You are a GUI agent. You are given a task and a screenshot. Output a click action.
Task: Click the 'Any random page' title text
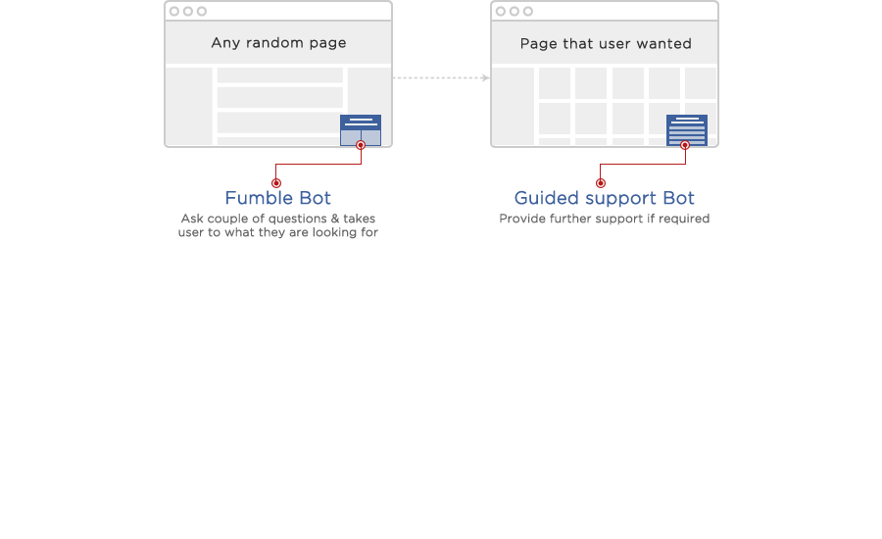point(278,43)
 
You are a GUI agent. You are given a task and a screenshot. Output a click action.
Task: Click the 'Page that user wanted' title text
point(606,44)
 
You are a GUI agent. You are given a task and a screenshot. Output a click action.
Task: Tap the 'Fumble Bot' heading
point(278,198)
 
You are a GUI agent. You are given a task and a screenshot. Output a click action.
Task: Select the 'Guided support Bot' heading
point(604,198)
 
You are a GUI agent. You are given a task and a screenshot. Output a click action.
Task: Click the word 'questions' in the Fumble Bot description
point(299,219)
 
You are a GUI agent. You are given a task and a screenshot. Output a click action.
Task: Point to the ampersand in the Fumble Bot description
point(335,219)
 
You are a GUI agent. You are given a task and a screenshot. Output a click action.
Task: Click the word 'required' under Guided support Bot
point(684,219)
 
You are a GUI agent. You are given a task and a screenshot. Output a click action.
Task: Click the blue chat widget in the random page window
point(361,130)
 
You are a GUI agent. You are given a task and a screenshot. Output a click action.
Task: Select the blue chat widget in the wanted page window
point(687,130)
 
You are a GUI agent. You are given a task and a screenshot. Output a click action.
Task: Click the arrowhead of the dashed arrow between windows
point(486,77)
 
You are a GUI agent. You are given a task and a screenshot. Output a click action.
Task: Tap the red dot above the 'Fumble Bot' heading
point(276,183)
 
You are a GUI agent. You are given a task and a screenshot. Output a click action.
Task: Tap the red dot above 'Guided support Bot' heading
point(601,183)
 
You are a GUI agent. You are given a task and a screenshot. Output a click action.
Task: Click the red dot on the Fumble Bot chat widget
point(361,145)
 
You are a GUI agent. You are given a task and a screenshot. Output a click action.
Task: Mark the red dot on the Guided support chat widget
point(685,145)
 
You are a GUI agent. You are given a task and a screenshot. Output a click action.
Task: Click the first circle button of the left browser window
point(174,11)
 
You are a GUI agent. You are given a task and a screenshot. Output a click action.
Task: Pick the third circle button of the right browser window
point(527,11)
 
